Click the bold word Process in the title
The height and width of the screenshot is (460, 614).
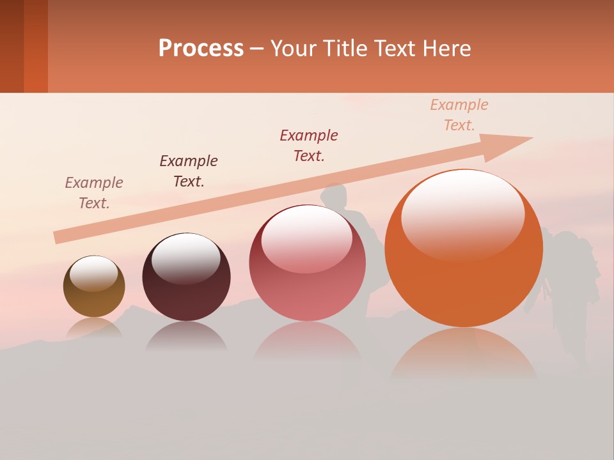201,48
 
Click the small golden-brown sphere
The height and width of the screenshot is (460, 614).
94,287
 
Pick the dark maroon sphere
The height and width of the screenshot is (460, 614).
186,278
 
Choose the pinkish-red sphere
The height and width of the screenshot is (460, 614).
307,263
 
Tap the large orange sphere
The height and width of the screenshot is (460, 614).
464,249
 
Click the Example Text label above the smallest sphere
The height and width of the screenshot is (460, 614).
94,193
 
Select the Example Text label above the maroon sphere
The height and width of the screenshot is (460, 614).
189,171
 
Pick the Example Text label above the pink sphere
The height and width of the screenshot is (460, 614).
309,145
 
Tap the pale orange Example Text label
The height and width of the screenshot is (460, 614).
459,115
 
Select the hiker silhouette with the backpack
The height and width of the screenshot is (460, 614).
566,287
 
